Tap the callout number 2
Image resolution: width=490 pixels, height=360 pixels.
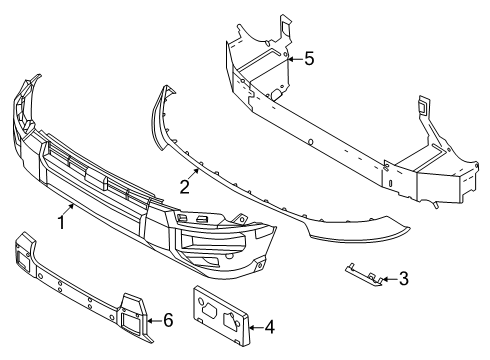(185, 186)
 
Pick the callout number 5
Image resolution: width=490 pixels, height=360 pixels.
(308, 59)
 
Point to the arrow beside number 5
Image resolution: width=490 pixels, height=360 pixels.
(291, 59)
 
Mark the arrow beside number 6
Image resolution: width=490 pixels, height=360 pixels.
(150, 319)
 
